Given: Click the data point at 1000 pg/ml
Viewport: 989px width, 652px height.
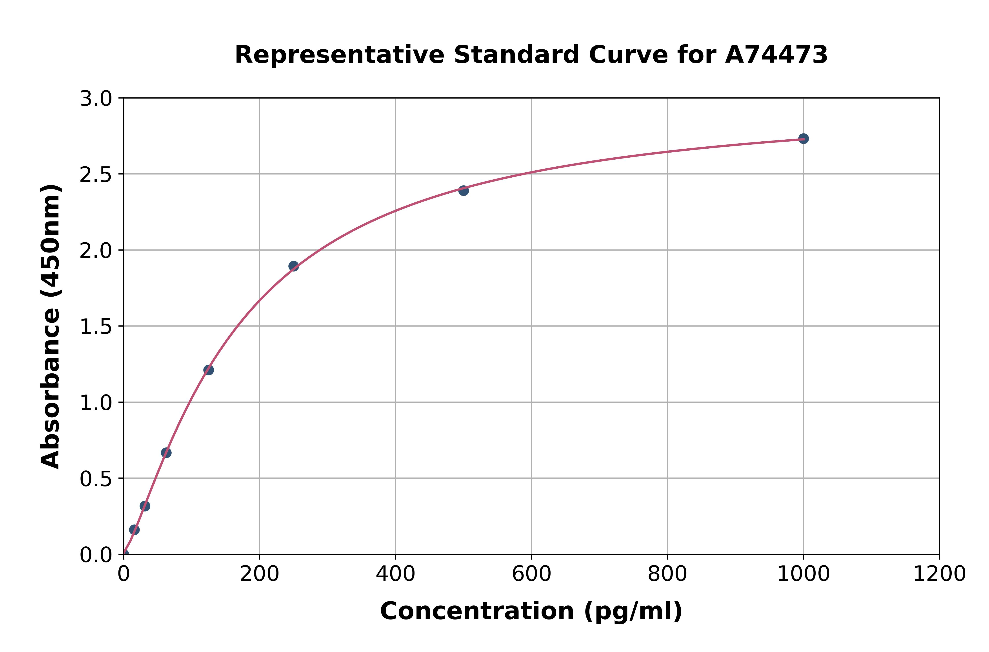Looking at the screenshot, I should (x=803, y=139).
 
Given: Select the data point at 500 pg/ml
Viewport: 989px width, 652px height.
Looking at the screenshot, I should (x=463, y=191).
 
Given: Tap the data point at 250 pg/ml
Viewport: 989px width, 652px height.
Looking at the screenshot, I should (x=293, y=266).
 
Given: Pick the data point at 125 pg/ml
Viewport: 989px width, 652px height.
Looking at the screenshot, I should (x=209, y=370).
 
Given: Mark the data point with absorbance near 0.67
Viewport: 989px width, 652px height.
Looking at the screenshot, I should (x=166, y=452).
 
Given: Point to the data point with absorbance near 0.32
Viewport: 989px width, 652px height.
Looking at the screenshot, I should (x=145, y=506).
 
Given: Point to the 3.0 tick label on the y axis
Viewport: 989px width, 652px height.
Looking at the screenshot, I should (x=96, y=99).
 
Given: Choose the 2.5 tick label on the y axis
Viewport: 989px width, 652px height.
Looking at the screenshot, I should (x=96, y=175).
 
